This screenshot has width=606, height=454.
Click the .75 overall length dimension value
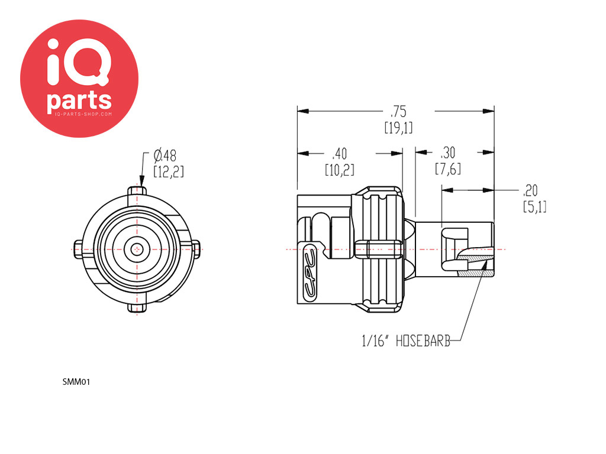point(398,112)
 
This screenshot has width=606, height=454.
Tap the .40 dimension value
point(340,154)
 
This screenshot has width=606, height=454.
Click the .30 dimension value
point(448,153)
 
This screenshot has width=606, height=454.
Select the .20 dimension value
point(530,190)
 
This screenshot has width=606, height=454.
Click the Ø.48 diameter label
point(165,155)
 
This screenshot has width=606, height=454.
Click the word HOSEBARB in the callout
point(423,341)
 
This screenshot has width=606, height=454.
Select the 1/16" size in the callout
point(375,341)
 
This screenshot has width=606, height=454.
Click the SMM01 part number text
point(76,382)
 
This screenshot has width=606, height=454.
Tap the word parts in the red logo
point(79,101)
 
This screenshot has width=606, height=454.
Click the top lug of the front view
point(137,191)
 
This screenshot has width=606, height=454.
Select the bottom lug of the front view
point(137,307)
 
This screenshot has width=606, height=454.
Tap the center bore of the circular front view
point(137,249)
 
